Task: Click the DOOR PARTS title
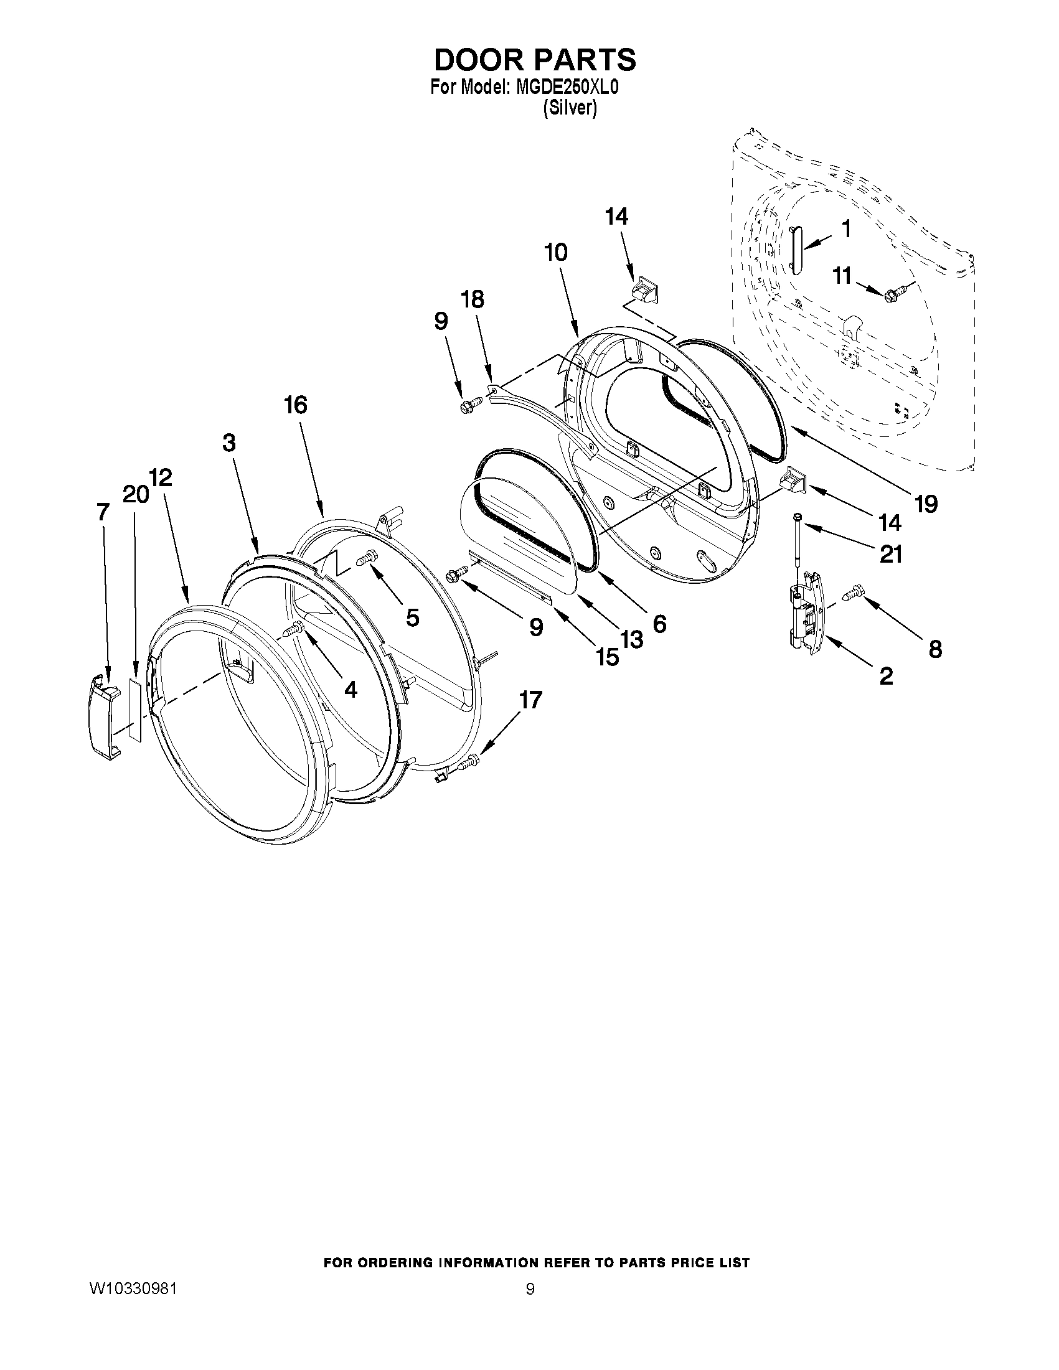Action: point(535,60)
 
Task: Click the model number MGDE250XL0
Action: point(567,87)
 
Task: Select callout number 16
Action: point(296,405)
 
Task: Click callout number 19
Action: point(926,502)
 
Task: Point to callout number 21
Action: point(891,553)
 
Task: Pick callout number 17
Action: point(531,700)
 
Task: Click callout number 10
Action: point(556,252)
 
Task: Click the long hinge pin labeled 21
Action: point(798,537)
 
